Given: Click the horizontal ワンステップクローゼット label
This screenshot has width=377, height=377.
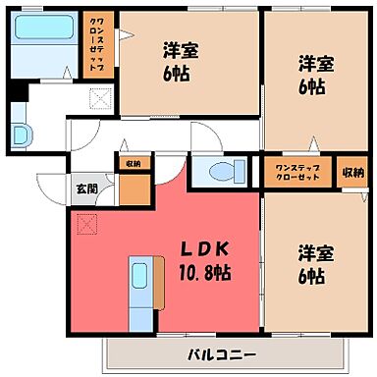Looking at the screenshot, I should click(298, 171).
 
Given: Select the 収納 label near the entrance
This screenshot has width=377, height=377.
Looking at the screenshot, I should click(133, 164).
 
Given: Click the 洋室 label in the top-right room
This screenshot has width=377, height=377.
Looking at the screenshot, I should click(316, 63).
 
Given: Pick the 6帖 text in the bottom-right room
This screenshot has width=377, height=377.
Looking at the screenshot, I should click(313, 275).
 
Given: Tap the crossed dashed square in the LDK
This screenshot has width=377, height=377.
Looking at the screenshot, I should click(86, 226).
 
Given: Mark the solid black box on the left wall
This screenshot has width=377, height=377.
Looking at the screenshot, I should click(13, 95).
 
